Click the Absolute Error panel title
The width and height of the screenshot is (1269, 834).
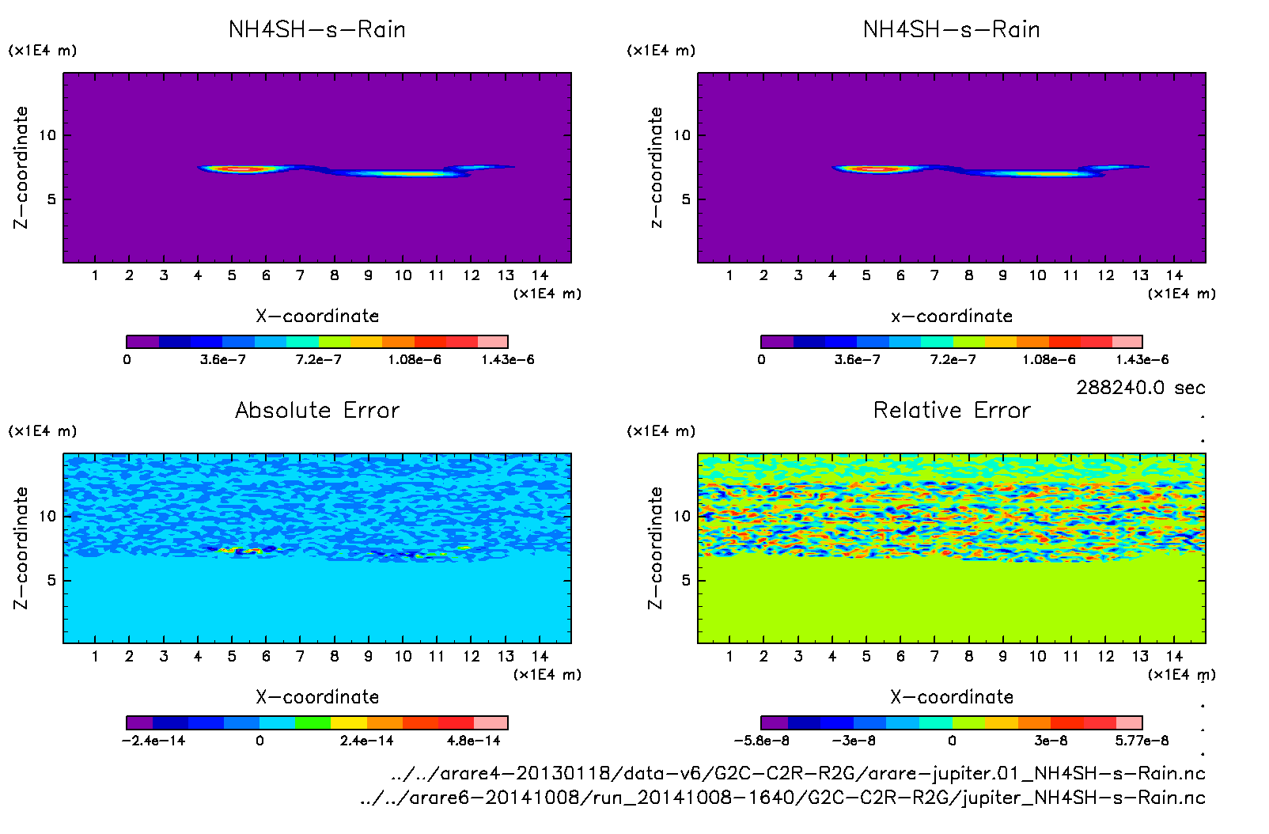(x=317, y=410)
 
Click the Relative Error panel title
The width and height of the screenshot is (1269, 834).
(x=952, y=410)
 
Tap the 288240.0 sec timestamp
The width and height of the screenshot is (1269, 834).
(x=1140, y=388)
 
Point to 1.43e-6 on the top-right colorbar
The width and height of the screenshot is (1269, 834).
(x=1142, y=360)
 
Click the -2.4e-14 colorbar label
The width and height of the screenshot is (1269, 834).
(x=153, y=741)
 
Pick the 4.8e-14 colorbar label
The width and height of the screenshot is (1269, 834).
(x=473, y=741)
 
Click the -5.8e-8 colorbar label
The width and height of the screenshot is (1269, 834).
(x=761, y=741)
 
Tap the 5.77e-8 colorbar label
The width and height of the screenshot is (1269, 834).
(x=1142, y=741)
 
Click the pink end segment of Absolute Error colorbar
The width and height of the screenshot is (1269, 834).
(x=491, y=722)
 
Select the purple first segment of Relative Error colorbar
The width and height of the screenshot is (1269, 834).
(x=775, y=722)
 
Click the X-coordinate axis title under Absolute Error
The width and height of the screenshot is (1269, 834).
(x=317, y=697)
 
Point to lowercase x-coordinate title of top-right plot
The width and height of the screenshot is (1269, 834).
(x=952, y=317)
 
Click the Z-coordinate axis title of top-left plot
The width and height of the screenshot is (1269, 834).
(x=21, y=167)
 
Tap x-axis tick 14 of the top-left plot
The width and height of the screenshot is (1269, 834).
(x=540, y=275)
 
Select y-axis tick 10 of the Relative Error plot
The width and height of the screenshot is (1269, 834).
(x=682, y=516)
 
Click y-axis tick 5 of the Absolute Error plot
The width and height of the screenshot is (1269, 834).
(x=51, y=580)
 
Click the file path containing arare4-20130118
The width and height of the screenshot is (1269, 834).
(x=798, y=773)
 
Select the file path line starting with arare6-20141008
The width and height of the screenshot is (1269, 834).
(x=782, y=798)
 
